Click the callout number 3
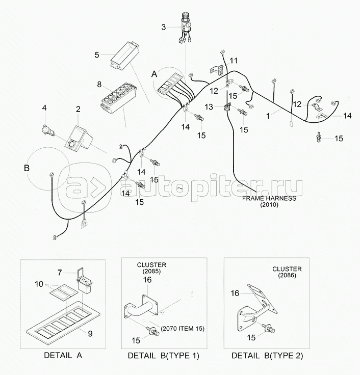tap(164, 26)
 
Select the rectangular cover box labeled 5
tap(125, 55)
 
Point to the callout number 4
tap(44, 108)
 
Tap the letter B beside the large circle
tap(27, 168)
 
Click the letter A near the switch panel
tap(153, 73)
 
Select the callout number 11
tap(233, 61)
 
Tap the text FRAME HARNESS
tap(268, 198)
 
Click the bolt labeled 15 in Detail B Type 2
tap(269, 328)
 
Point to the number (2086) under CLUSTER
tap(287, 276)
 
